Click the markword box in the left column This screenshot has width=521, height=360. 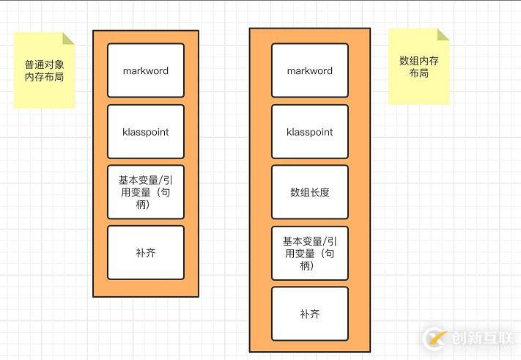(x=145, y=70)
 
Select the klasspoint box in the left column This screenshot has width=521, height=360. (x=145, y=132)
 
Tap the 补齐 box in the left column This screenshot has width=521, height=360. (x=145, y=252)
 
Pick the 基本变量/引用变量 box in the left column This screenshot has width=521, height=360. (x=145, y=192)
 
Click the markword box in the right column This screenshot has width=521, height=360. (x=309, y=70)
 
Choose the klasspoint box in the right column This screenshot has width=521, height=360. (x=309, y=132)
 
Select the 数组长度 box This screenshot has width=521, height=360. (x=309, y=192)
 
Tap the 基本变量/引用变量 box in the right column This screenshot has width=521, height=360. (x=309, y=253)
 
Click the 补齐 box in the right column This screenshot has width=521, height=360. (x=309, y=314)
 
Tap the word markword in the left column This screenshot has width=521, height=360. (x=145, y=71)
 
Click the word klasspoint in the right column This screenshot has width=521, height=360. (x=309, y=133)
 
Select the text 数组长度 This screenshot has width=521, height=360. (x=309, y=193)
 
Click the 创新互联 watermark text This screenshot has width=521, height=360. (x=481, y=339)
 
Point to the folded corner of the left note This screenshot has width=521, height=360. (x=68, y=39)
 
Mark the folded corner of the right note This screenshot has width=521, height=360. (x=443, y=34)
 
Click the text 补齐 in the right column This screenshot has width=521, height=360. (x=309, y=315)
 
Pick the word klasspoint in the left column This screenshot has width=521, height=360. (x=145, y=133)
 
